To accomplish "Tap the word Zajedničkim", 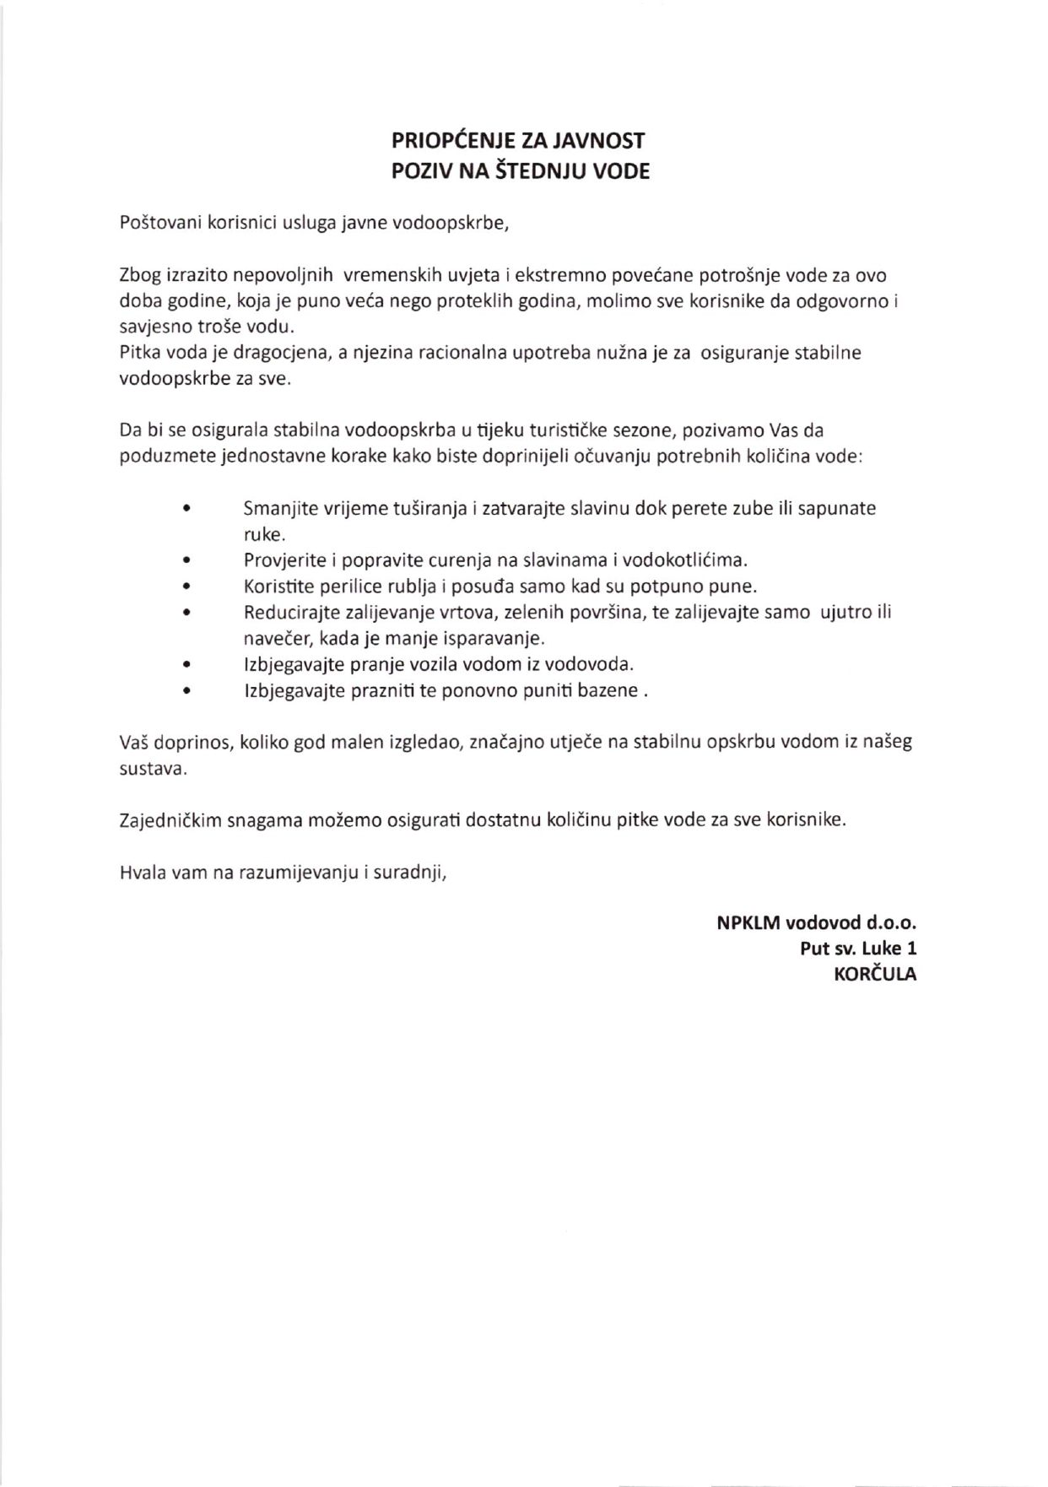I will coord(170,819).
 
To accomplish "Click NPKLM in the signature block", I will coord(748,922).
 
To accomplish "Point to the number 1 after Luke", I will coord(911,949).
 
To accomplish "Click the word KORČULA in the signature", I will coord(875,975).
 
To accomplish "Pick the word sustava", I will coord(153,769).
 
